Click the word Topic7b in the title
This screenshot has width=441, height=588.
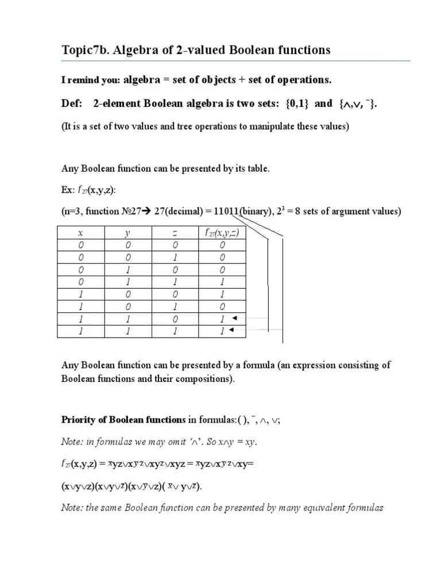(x=84, y=51)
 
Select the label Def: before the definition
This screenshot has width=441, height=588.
(x=72, y=103)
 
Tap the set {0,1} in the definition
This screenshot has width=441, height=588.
(x=297, y=103)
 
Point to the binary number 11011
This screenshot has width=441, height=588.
(x=226, y=212)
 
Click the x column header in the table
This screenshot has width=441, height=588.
(x=81, y=233)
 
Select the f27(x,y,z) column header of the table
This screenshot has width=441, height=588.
(x=221, y=233)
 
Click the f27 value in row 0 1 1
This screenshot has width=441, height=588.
(x=221, y=282)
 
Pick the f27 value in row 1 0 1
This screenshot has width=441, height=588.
(x=221, y=307)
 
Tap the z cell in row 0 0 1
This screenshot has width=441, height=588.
(x=175, y=257)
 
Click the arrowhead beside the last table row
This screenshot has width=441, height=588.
(x=231, y=331)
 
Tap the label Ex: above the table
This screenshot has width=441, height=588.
(x=68, y=189)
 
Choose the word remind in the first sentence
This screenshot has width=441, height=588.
(x=84, y=80)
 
